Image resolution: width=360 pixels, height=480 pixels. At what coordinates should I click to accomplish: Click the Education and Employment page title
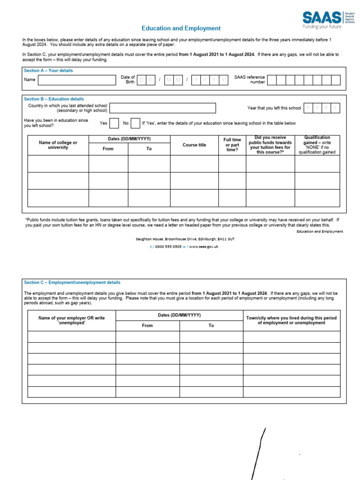click(181, 29)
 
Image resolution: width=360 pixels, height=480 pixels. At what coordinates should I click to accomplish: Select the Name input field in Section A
click(76, 80)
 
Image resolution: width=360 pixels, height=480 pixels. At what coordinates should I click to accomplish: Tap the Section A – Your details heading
click(48, 71)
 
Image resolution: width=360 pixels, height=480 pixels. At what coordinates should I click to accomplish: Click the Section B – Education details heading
click(54, 99)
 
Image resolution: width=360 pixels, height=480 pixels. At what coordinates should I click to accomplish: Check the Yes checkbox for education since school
click(114, 123)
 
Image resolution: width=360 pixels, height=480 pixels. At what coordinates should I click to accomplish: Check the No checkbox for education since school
click(135, 123)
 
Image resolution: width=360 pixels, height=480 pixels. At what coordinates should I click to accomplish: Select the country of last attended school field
click(163, 108)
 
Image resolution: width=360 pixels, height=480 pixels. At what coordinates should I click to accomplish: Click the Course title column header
click(194, 145)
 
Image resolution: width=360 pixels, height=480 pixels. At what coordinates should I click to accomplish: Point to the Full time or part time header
click(232, 145)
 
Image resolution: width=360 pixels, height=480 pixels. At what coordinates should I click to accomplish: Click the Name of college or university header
click(58, 145)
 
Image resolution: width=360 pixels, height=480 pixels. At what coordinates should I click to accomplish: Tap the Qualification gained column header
click(317, 145)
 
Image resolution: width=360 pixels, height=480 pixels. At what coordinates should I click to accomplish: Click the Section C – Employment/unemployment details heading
click(72, 283)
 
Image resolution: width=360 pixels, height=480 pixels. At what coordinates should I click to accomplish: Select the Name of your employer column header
click(71, 320)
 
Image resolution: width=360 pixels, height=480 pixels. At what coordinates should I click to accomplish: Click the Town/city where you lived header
click(291, 320)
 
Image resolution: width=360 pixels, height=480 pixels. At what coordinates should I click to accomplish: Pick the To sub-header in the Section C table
click(211, 325)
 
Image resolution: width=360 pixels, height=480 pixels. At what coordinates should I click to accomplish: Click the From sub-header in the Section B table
click(108, 149)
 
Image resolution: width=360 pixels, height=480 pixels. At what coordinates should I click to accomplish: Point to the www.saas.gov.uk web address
click(204, 247)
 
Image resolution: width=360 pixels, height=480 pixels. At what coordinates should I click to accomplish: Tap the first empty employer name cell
click(71, 337)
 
